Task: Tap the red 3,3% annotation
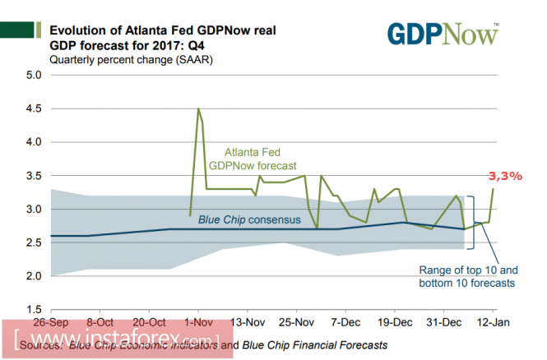(x=504, y=176)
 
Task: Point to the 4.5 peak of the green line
(x=198, y=108)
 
